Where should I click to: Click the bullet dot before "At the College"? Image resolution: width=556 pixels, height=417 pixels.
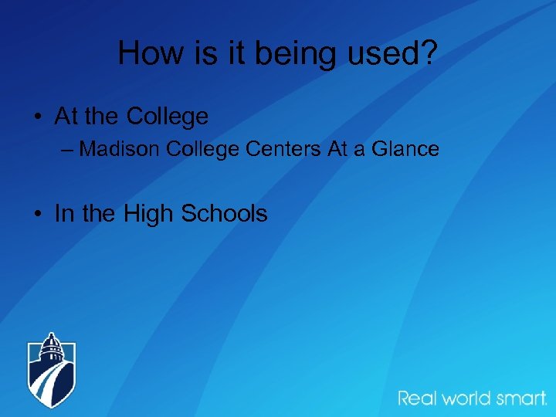(37, 117)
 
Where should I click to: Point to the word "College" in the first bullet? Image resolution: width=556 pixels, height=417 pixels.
(167, 117)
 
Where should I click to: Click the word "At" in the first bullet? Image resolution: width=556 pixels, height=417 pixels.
(66, 117)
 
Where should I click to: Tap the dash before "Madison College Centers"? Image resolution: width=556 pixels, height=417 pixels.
(67, 148)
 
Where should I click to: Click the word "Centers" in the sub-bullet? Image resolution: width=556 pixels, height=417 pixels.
(285, 148)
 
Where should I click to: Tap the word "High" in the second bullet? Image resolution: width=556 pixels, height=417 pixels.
(148, 214)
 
